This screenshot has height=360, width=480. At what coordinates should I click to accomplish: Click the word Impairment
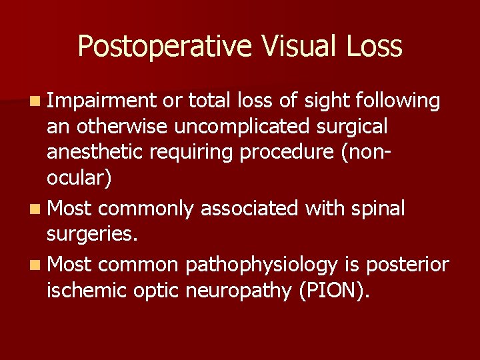(101, 101)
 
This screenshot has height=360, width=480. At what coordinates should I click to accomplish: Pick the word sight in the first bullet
(328, 101)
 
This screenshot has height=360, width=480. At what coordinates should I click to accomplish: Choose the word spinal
(379, 209)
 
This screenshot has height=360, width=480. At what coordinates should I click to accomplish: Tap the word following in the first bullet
(399, 101)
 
